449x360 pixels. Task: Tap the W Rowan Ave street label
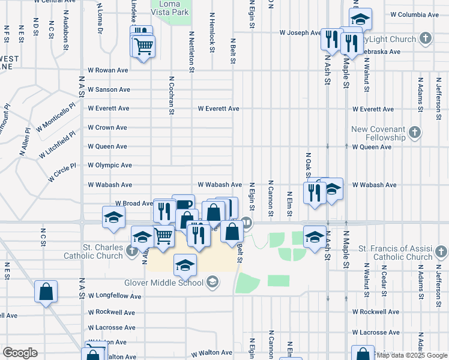coord(108,70)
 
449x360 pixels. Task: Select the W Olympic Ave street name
coord(110,165)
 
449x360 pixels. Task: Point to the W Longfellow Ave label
coord(115,296)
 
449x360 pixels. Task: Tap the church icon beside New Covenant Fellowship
coord(414,133)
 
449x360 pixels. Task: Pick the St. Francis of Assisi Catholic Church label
coord(395,253)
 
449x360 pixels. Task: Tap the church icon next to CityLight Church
coord(426,39)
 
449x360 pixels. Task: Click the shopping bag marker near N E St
coord(46,292)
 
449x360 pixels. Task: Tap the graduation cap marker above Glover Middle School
coord(185,264)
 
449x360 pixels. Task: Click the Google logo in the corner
coord(20,352)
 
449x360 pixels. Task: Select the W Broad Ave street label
coord(134,203)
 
